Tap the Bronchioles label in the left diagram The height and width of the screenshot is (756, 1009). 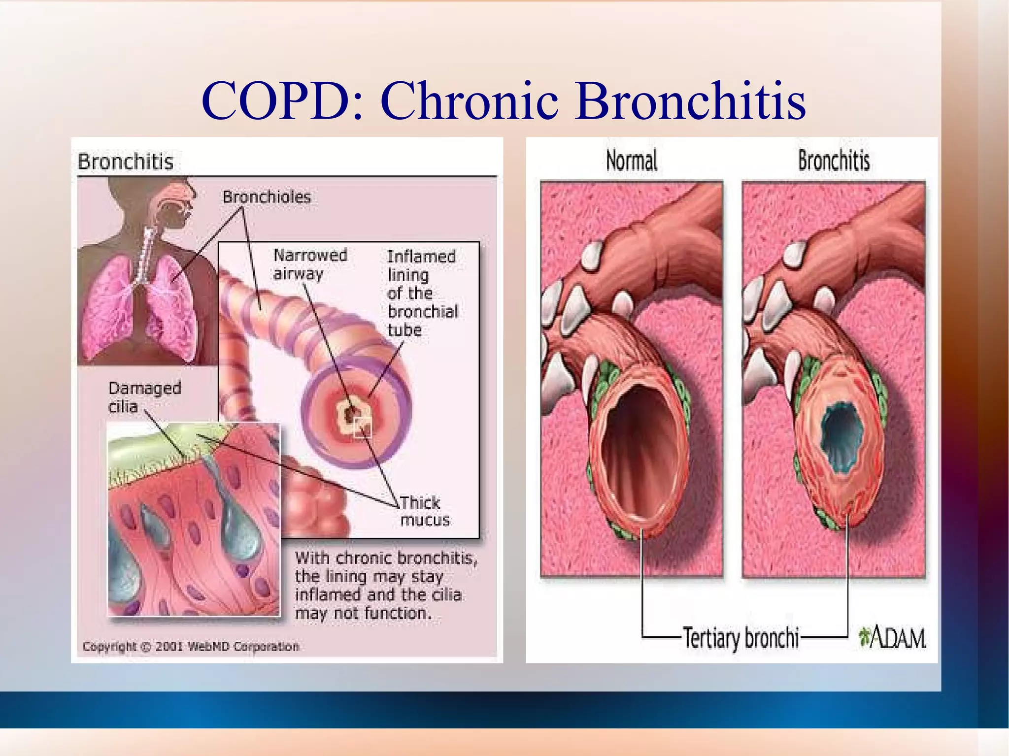[267, 197]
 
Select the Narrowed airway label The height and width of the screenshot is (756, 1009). [310, 264]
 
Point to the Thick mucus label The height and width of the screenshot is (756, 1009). [424, 511]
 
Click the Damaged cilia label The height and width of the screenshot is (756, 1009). [144, 397]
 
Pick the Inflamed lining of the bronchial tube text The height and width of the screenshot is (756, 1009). [422, 293]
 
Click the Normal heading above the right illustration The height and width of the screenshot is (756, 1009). [631, 161]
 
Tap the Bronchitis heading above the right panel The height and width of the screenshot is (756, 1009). [834, 161]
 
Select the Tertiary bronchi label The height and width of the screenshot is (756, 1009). [740, 638]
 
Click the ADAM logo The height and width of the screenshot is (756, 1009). [892, 638]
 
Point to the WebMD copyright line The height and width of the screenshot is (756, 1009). [191, 646]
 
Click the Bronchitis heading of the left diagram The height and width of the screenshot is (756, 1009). [126, 162]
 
